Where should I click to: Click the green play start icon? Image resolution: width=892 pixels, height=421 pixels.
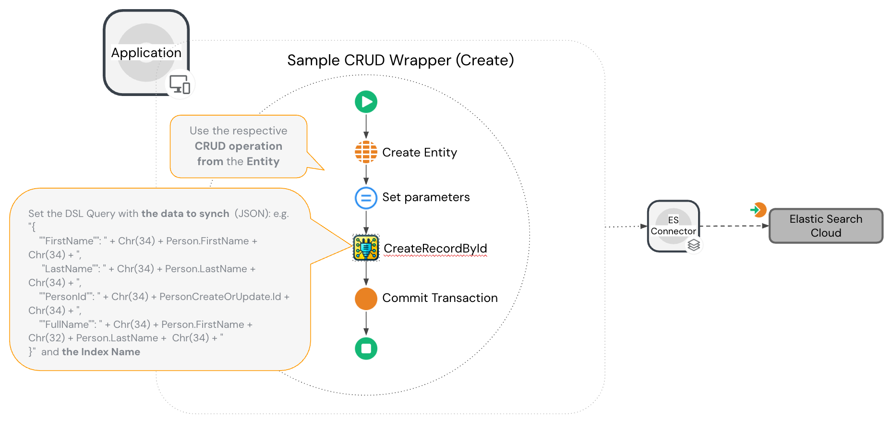366,102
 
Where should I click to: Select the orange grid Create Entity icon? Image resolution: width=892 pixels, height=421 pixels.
366,152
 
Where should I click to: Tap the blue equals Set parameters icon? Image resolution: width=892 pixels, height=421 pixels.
366,198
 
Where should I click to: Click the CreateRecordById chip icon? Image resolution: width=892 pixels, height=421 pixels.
366,248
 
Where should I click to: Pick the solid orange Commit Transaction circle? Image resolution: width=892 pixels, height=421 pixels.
366,298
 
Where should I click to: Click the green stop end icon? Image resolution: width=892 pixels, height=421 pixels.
366,348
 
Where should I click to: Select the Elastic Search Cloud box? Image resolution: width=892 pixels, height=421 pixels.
826,226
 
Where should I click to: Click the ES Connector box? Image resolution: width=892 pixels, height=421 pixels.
673,226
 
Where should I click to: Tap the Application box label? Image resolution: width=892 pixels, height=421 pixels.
146,53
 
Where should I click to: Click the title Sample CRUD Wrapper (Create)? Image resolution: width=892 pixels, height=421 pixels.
400,60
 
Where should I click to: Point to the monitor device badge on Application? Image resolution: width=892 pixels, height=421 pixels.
180,85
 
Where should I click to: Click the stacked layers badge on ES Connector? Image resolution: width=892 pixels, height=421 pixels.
694,245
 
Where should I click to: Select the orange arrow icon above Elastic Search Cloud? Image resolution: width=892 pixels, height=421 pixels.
758,210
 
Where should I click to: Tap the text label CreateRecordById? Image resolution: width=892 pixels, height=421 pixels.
435,249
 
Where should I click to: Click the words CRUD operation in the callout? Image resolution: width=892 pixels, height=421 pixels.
238,146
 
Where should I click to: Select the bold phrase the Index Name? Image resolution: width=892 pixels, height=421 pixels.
101,352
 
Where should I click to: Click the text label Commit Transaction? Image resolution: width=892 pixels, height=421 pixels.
440,298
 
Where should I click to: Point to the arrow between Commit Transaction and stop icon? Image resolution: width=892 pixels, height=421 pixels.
366,323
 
